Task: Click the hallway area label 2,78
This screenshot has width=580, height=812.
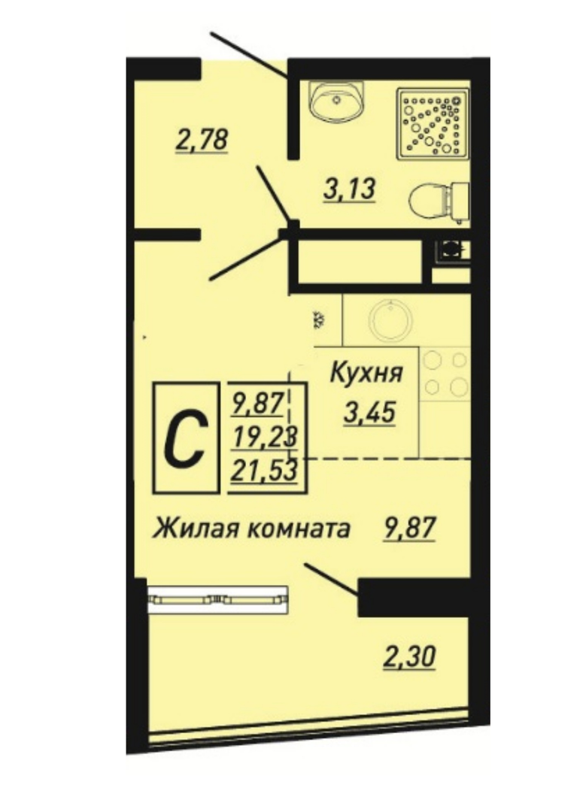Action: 202,140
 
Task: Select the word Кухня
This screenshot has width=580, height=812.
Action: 366,372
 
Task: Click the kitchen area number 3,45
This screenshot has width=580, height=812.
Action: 370,413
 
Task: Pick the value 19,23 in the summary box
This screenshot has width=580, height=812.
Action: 265,438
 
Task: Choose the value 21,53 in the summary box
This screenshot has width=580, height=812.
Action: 265,470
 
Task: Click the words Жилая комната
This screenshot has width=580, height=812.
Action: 251,529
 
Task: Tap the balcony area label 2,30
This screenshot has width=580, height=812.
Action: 409,658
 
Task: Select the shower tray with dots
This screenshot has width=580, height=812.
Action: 433,124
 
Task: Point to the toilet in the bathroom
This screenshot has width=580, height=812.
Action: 439,202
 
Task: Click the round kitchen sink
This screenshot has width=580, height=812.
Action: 390,319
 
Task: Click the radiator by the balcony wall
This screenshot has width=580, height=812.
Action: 217,600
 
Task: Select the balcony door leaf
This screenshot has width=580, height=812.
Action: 332,579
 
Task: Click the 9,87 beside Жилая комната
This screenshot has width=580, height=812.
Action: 408,529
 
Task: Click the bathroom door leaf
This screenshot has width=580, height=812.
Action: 273,193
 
